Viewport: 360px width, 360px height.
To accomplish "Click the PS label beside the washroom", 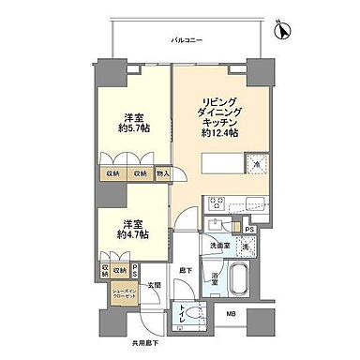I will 248,228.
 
